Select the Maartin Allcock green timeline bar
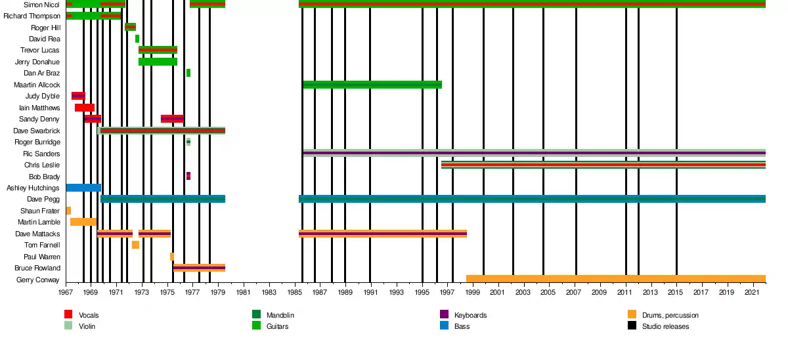(x=372, y=85)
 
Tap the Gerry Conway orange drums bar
(x=615, y=279)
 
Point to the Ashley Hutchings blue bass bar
(x=83, y=188)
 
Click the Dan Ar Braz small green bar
(x=188, y=73)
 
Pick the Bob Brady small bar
(x=188, y=176)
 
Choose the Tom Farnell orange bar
(x=135, y=245)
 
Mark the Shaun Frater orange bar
(x=68, y=211)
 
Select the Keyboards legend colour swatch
(x=444, y=315)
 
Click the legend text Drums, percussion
(x=670, y=316)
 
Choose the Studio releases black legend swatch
(x=632, y=326)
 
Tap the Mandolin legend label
(x=280, y=316)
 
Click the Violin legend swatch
(x=68, y=326)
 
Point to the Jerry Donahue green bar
(x=158, y=62)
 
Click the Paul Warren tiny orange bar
(x=172, y=257)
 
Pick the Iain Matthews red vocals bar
(x=85, y=108)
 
